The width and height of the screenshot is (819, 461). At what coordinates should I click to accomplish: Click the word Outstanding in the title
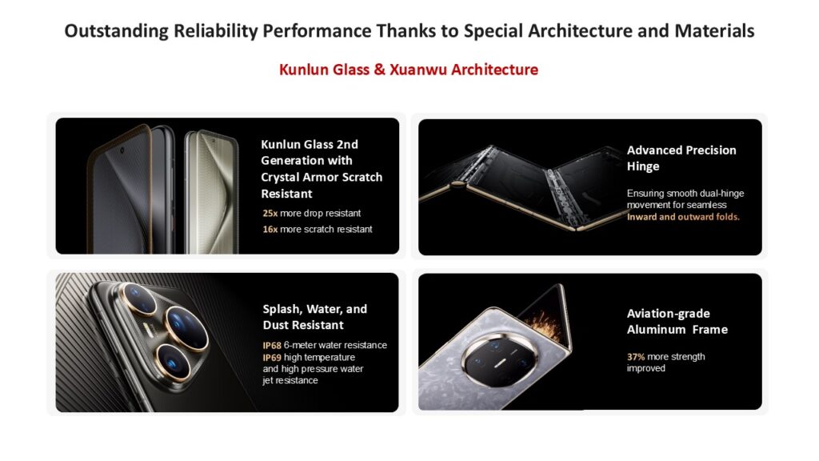[117, 31]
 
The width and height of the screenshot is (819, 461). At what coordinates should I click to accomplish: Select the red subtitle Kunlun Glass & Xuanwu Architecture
[409, 70]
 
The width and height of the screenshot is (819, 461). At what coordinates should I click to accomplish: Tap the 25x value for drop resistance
[270, 213]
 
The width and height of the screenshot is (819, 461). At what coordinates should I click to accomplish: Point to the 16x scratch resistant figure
[270, 229]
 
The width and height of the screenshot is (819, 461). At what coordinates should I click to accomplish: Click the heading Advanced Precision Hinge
[681, 158]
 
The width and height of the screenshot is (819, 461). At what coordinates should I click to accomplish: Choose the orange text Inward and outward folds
[683, 217]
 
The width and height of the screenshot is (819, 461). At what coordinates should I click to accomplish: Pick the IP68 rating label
[272, 346]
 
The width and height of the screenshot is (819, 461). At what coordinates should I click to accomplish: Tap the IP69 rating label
[272, 358]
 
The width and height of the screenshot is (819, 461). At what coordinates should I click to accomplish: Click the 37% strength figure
[636, 356]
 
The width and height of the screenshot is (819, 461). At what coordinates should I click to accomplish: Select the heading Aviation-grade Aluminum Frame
[677, 322]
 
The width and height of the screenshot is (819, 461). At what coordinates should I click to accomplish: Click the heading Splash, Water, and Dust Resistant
[315, 317]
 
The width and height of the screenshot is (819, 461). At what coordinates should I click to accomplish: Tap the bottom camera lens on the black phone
[173, 361]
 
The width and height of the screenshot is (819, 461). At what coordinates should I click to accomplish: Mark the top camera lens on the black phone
[138, 299]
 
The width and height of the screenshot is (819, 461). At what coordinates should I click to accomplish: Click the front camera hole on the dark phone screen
[122, 150]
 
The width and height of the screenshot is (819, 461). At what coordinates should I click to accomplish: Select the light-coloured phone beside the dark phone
[211, 192]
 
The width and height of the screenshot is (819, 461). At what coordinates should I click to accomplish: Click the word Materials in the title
[714, 31]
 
